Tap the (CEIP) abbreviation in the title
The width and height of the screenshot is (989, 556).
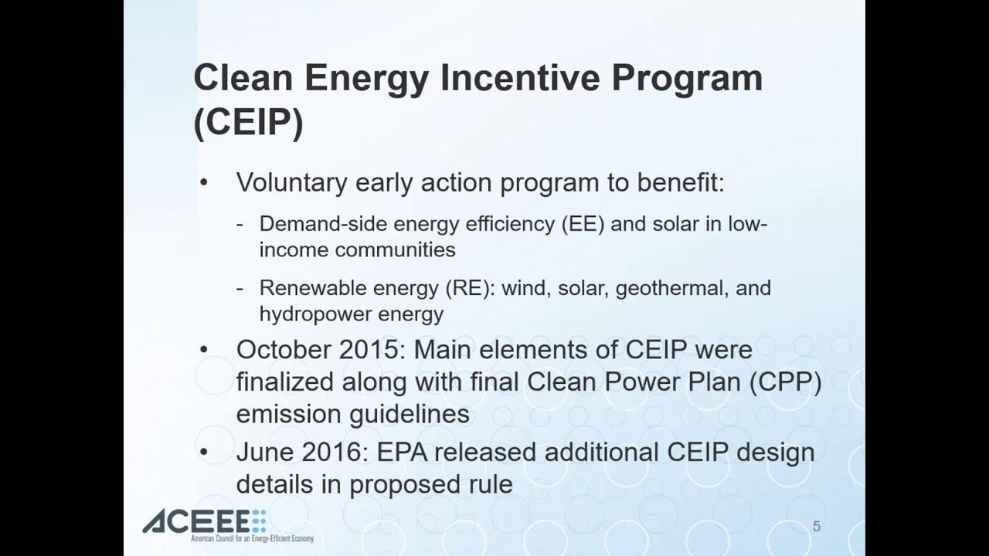(x=249, y=122)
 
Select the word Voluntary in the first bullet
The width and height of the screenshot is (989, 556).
(x=292, y=182)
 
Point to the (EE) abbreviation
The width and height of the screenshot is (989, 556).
(x=583, y=224)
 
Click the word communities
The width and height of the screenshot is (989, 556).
(x=395, y=249)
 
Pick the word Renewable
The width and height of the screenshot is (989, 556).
(x=313, y=288)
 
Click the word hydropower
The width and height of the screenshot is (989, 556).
(x=314, y=314)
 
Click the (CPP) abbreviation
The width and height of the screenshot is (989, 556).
(x=786, y=382)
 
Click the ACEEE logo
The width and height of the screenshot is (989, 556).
(x=228, y=526)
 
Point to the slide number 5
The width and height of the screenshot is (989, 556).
(x=817, y=527)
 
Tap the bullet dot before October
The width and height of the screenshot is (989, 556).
(x=203, y=350)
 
